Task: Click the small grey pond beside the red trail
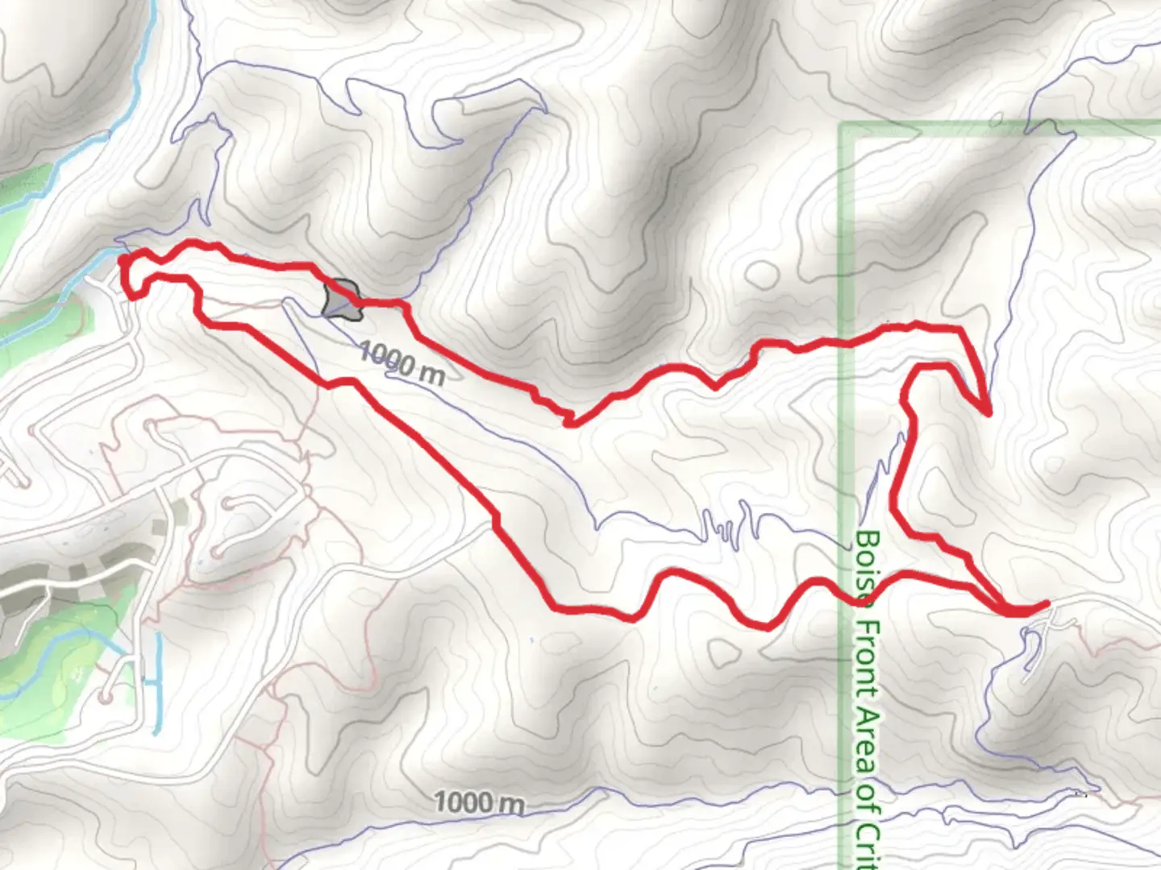(x=340, y=299)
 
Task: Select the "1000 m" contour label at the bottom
(x=479, y=802)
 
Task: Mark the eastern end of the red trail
(x=1047, y=603)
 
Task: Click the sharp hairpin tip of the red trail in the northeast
(x=988, y=413)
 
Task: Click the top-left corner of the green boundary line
(x=843, y=126)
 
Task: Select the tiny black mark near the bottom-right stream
(x=1081, y=793)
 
